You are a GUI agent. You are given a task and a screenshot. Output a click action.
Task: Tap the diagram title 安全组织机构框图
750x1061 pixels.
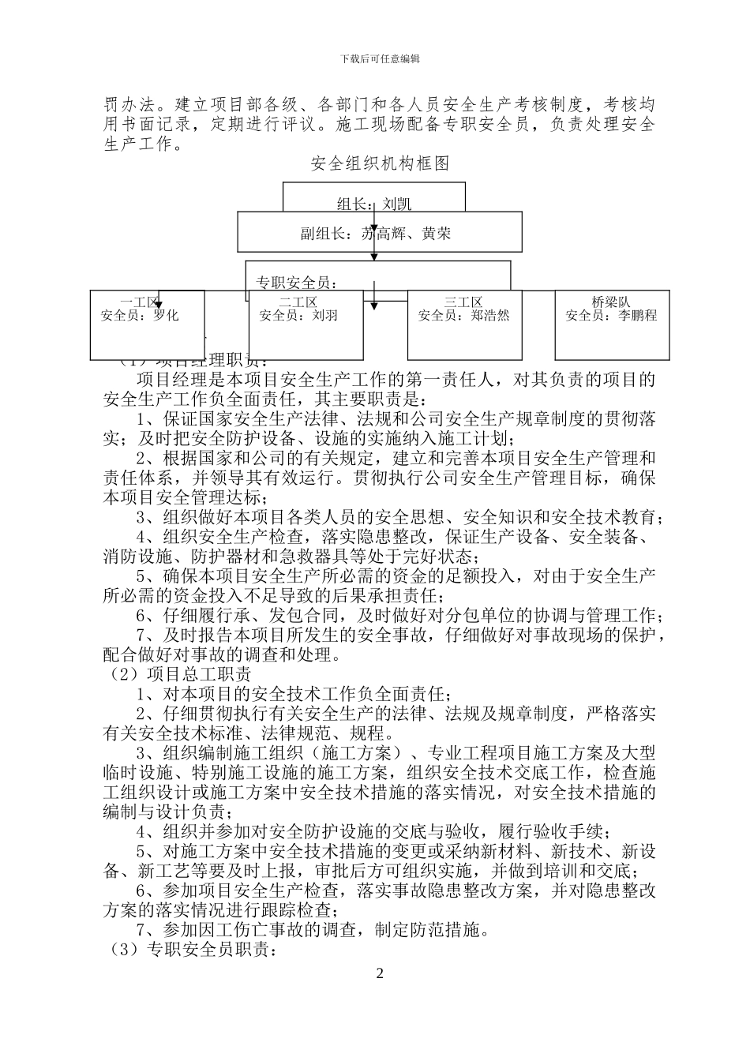[x=380, y=163]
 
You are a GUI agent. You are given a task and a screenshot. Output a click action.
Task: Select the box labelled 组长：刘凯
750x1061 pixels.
[x=374, y=203]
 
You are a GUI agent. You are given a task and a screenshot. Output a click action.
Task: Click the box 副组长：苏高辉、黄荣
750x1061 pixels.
[x=380, y=234]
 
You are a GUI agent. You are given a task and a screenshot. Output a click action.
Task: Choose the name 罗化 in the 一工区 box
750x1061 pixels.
[x=166, y=315]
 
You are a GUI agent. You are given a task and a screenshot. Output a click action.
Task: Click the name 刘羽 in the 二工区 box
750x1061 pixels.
[x=324, y=315]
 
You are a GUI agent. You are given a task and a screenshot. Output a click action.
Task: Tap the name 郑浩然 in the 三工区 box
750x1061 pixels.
[x=489, y=315]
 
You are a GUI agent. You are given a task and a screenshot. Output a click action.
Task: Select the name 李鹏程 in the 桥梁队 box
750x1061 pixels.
[x=637, y=315]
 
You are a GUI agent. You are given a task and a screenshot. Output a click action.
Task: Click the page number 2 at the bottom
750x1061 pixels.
[x=379, y=973]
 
